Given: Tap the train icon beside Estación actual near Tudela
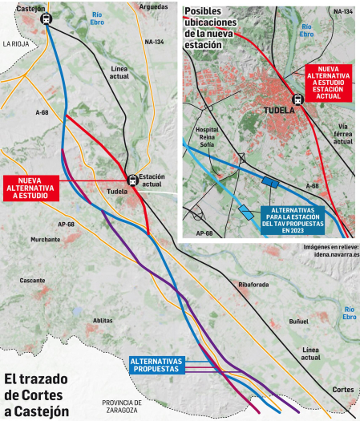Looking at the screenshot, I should tap(132, 180).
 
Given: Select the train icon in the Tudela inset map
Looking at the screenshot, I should tap(298, 100).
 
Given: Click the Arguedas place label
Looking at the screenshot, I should tap(153, 6).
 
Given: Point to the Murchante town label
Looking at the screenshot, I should tap(45, 240).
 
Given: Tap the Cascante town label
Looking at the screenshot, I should tap(33, 281).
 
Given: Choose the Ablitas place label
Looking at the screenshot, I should tap(103, 320).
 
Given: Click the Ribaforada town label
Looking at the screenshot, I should tap(254, 285).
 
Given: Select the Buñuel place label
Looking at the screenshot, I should tap(298, 322).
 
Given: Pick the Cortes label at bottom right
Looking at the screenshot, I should tap(342, 389).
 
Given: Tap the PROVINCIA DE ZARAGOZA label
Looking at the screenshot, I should tap(121, 406).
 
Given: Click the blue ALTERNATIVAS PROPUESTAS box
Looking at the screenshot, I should tap(156, 365).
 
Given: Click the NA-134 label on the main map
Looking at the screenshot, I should tap(154, 41).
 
